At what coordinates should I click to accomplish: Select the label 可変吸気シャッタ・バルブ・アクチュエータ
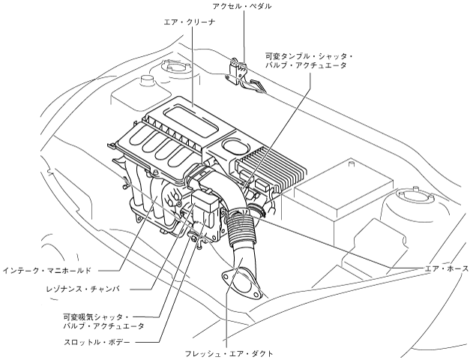click(x=104, y=322)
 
